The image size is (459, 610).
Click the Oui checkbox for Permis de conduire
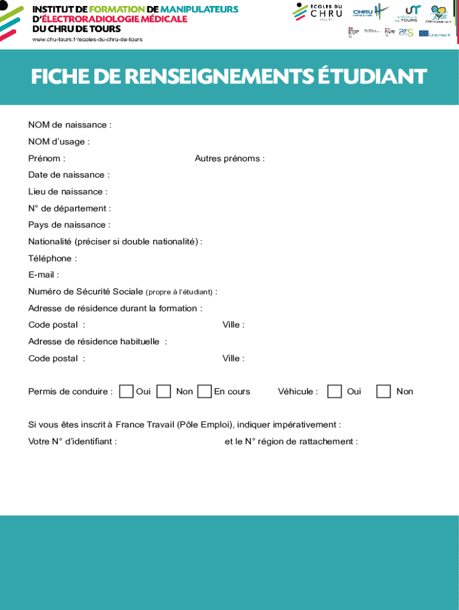[x=126, y=391]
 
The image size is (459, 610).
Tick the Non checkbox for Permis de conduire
[x=164, y=391]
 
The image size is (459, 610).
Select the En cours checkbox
[x=204, y=391]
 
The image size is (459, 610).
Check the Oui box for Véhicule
[x=334, y=391]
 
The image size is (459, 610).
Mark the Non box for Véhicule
[x=384, y=391]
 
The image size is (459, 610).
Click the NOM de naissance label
[x=70, y=125]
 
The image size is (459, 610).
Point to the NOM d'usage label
[x=59, y=142]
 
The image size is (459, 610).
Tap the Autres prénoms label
[x=229, y=158]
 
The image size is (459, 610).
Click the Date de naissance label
[x=69, y=175]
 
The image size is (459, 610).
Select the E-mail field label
[x=44, y=275]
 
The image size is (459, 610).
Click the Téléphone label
[x=52, y=259]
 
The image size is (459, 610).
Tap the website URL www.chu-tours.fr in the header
[x=87, y=39]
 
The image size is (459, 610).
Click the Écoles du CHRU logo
[x=318, y=12]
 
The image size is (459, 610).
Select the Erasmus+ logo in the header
[x=435, y=34]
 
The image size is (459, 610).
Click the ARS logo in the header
[x=407, y=32]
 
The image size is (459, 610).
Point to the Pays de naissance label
[x=69, y=225]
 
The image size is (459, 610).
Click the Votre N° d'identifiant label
[x=72, y=442]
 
